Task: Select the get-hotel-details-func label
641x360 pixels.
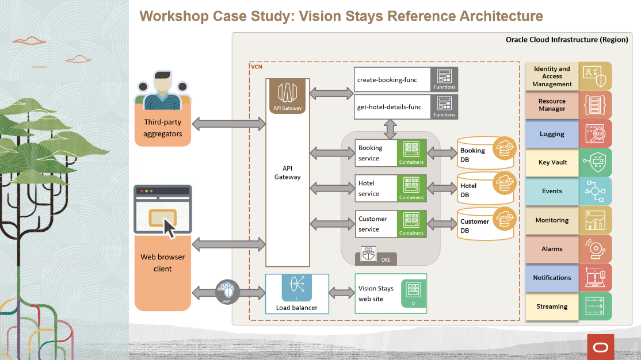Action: click(389, 107)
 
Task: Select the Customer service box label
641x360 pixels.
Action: click(373, 224)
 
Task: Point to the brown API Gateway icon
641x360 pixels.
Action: click(288, 95)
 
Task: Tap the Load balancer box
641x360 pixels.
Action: click(296, 294)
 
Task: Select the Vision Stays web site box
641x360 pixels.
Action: click(391, 294)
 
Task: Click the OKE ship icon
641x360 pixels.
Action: click(368, 254)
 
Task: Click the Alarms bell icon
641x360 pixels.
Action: click(595, 249)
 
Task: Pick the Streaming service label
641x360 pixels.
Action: click(552, 307)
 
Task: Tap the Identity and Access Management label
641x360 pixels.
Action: click(552, 76)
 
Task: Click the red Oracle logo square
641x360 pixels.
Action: click(600, 347)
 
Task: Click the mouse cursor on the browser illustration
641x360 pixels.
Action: click(170, 228)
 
